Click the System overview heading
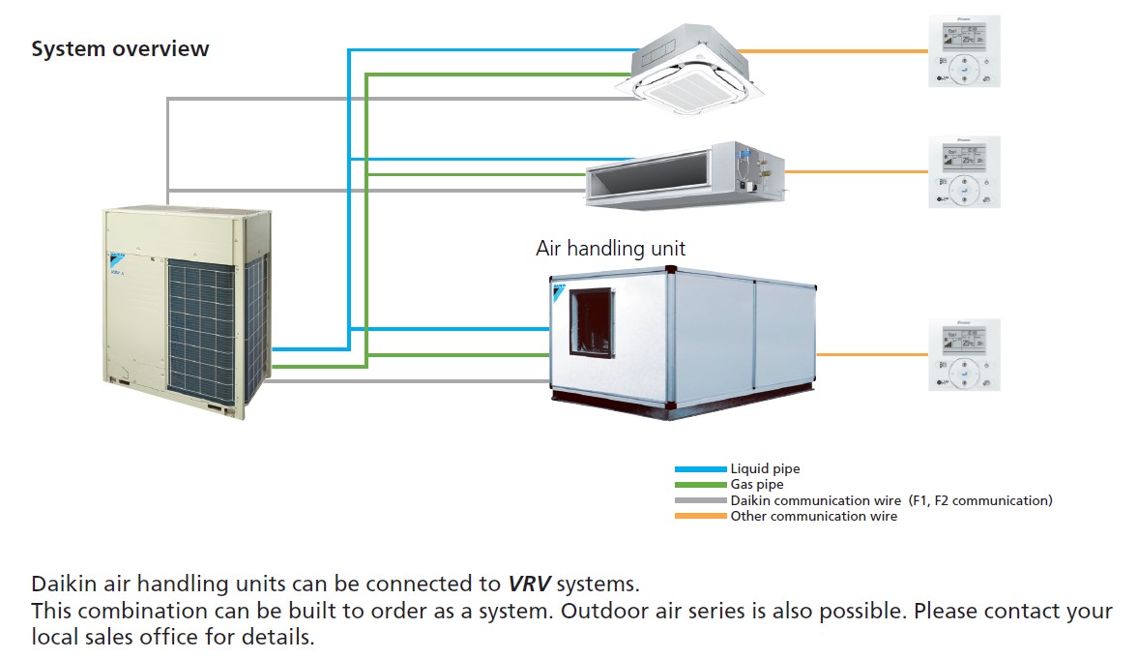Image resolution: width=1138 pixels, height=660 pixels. click(x=120, y=49)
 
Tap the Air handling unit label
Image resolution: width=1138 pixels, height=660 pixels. click(x=610, y=248)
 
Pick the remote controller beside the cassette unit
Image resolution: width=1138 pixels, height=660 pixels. click(x=964, y=51)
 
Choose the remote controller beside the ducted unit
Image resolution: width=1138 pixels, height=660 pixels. click(x=964, y=172)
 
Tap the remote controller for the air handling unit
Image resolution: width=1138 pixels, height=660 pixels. click(x=964, y=354)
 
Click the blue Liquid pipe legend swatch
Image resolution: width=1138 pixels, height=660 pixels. click(x=700, y=469)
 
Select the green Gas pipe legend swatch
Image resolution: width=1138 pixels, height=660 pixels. click(x=700, y=485)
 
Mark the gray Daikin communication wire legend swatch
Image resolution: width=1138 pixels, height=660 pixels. click(x=700, y=500)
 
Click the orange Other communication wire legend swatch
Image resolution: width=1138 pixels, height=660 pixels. click(x=700, y=516)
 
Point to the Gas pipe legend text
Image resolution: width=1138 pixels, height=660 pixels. click(x=757, y=485)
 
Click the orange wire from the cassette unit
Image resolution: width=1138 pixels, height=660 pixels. click(x=832, y=51)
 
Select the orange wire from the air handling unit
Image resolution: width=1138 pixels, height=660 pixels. click(x=870, y=354)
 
